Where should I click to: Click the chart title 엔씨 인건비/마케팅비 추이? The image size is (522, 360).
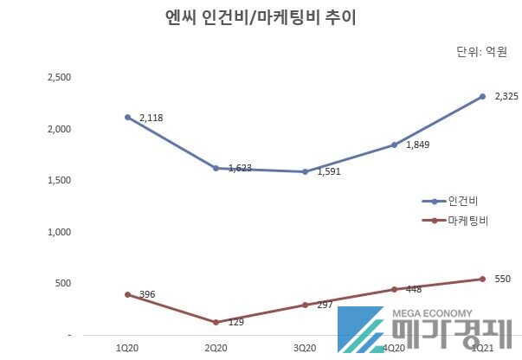[260, 17]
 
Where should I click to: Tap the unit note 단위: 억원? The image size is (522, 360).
[480, 53]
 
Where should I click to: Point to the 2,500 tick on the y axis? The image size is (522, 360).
[59, 78]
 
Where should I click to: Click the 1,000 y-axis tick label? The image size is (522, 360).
[59, 232]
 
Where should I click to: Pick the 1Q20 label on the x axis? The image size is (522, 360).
[127, 347]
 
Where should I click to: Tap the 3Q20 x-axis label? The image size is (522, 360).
[306, 347]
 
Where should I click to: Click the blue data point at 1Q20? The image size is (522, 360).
[127, 117]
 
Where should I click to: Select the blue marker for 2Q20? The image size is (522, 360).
[216, 168]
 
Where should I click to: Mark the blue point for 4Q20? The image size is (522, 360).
[394, 145]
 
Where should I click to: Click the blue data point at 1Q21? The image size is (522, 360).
[482, 96]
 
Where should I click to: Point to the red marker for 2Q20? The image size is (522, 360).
[216, 322]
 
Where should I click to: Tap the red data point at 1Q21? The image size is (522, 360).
[482, 279]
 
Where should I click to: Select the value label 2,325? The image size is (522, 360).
[506, 96]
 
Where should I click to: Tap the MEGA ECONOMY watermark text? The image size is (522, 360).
[433, 314]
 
